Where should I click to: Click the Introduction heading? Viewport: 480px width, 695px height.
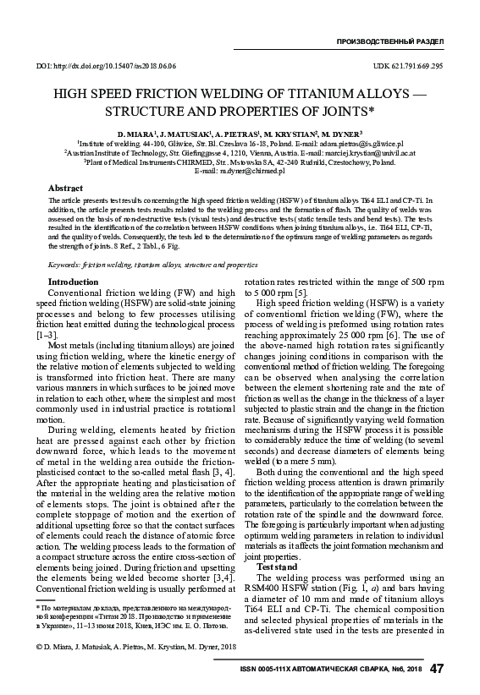coord(74,282)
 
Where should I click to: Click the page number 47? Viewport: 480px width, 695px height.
coord(437,669)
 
